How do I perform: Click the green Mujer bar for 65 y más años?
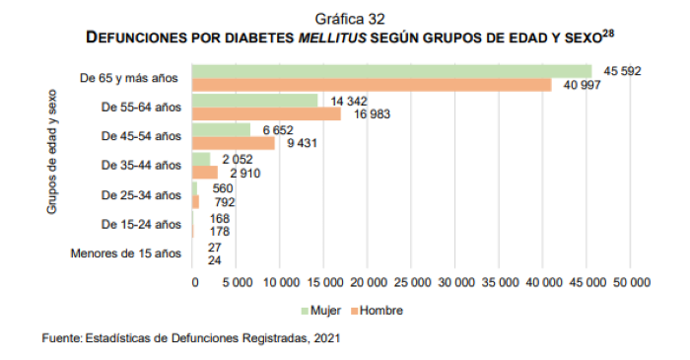[392, 71]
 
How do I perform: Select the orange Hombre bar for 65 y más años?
[373, 85]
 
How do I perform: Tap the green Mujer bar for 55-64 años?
[255, 101]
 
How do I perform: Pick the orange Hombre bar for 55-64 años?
[267, 114]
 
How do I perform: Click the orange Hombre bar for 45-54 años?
[234, 143]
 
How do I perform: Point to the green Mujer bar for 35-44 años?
[201, 158]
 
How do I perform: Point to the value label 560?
[222, 187]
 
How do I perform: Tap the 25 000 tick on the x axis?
[412, 282]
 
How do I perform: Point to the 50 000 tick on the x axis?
[631, 282]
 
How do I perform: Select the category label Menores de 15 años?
[126, 252]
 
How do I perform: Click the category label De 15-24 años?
[142, 223]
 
